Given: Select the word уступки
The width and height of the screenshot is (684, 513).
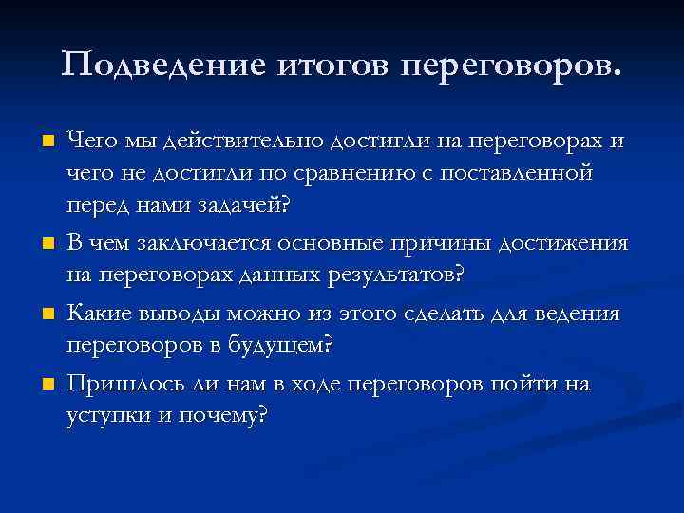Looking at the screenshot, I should [104, 416].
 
